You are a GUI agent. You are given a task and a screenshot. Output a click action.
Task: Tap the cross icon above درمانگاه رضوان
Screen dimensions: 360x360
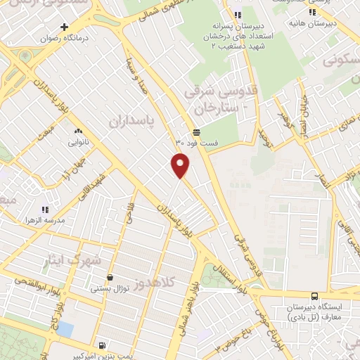(65, 27)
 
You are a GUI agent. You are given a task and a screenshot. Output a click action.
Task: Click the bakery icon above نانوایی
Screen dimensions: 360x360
(77, 131)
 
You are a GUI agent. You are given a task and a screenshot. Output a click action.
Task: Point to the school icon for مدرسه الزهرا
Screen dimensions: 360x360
(45, 210)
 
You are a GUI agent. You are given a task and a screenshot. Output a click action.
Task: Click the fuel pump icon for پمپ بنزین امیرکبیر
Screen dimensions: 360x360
(102, 345)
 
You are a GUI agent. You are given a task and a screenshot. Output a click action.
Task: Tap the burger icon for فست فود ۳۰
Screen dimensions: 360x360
(196, 132)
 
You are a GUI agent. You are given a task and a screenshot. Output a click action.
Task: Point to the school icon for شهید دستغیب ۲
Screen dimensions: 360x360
(238, 14)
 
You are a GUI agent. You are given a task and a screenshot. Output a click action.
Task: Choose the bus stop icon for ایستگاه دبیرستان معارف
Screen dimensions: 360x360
(314, 296)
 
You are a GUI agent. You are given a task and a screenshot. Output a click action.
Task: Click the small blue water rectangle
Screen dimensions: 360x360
(65, 328)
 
